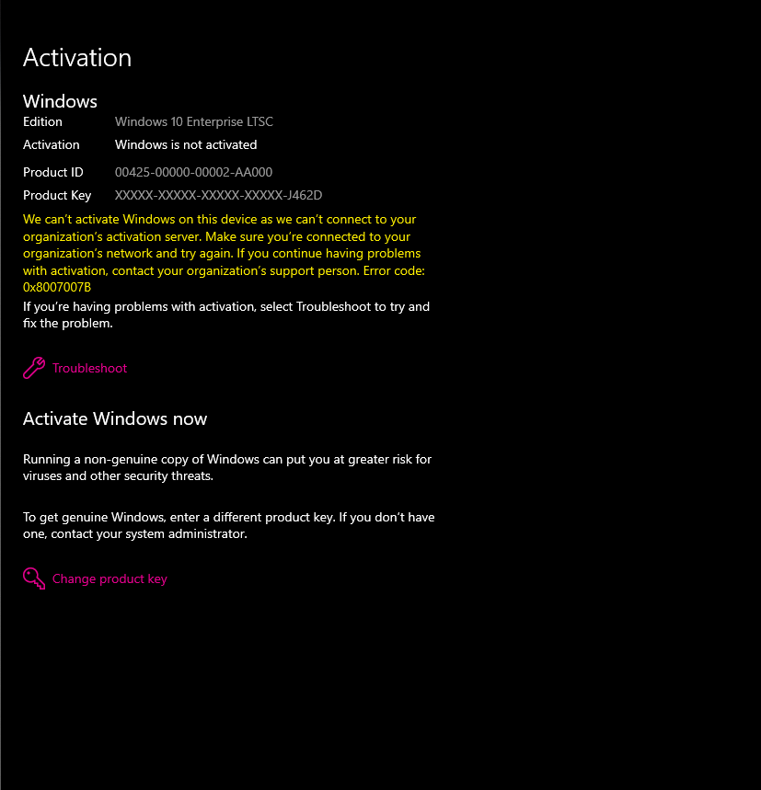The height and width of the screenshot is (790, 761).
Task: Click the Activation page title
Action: point(77,58)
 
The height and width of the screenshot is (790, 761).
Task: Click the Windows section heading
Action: point(60,101)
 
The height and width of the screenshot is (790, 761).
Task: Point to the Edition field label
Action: point(42,121)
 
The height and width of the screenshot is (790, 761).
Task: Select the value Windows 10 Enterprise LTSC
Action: point(193,121)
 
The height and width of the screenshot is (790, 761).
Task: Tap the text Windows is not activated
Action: point(186,144)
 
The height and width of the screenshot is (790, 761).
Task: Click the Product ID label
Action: point(53,172)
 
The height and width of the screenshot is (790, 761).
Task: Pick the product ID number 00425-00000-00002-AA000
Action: point(193,172)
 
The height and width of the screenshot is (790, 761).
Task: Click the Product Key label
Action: point(57,195)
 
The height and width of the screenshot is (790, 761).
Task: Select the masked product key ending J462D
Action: point(218,195)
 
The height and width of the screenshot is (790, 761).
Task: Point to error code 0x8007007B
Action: point(57,287)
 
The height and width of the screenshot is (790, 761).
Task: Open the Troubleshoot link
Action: point(89,368)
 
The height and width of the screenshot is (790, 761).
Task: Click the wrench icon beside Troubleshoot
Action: point(34,368)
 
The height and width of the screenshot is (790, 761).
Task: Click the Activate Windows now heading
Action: point(115,419)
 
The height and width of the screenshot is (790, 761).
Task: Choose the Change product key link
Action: point(110,578)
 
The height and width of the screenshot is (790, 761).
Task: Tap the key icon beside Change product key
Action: point(34,578)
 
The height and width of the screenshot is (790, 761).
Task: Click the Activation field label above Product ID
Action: point(52,144)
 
